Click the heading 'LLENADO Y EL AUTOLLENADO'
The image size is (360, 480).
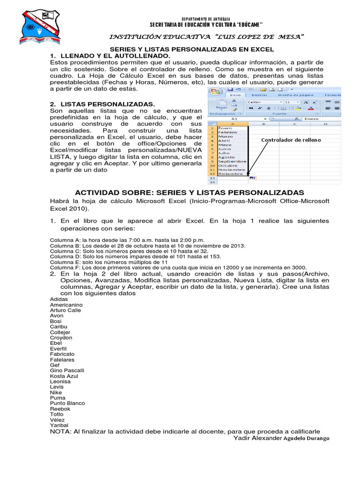112,56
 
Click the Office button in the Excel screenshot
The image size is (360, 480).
216,92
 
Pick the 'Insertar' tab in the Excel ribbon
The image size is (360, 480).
259,95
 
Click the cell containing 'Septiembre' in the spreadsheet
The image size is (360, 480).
232,161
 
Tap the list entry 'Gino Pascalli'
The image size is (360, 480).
67,370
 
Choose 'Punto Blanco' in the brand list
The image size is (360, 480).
67,403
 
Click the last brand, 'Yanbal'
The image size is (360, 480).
59,425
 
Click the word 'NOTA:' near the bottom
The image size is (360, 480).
60,431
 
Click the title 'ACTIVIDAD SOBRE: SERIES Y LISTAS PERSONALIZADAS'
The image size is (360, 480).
189,193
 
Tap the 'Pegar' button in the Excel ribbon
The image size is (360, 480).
221,106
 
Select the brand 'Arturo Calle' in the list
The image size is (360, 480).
65,310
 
